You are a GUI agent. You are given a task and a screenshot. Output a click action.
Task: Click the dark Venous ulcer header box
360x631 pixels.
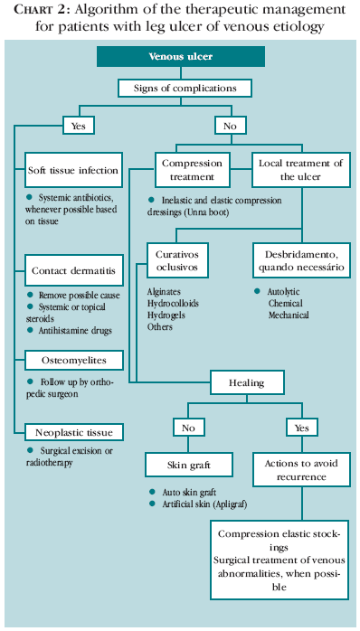[180, 57]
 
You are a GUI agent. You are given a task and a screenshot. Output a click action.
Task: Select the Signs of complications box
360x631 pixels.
[180, 89]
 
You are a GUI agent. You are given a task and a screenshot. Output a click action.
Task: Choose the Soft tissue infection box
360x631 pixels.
[72, 170]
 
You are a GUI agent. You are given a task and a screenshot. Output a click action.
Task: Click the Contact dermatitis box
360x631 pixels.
[72, 270]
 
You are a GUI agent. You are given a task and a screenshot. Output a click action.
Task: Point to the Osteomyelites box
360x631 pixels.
[72, 361]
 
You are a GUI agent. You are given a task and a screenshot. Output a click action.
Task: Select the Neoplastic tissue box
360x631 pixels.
[72, 432]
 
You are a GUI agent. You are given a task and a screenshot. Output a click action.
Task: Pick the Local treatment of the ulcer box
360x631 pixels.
[299, 170]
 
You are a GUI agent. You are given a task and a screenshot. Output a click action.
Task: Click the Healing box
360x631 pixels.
[246, 382]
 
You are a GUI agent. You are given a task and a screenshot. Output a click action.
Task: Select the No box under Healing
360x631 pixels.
[188, 426]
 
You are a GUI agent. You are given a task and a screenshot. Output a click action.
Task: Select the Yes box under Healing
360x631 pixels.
[300, 426]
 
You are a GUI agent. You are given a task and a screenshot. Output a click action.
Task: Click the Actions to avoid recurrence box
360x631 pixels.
[299, 465]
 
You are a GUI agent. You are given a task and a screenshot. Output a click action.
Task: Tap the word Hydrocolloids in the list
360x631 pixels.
[174, 304]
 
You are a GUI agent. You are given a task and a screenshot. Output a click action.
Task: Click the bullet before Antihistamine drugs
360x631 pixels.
[31, 331]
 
